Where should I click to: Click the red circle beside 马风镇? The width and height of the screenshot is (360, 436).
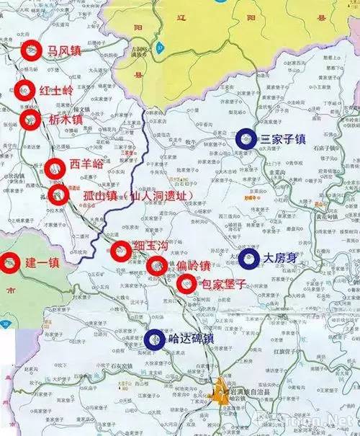[x=30, y=50]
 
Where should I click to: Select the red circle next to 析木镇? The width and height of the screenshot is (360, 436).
[x=30, y=119]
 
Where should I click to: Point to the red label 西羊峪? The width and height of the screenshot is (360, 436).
[x=87, y=164]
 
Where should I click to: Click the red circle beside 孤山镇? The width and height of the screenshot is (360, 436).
[x=59, y=195]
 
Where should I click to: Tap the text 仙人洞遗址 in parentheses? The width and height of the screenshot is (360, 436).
[x=161, y=195]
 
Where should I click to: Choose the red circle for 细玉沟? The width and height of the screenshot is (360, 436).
[x=120, y=250]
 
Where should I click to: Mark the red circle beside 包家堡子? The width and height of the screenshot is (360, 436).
[x=186, y=285]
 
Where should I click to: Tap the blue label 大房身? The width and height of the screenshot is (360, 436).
[x=281, y=258]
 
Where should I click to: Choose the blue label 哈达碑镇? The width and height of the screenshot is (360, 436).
[x=190, y=340]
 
